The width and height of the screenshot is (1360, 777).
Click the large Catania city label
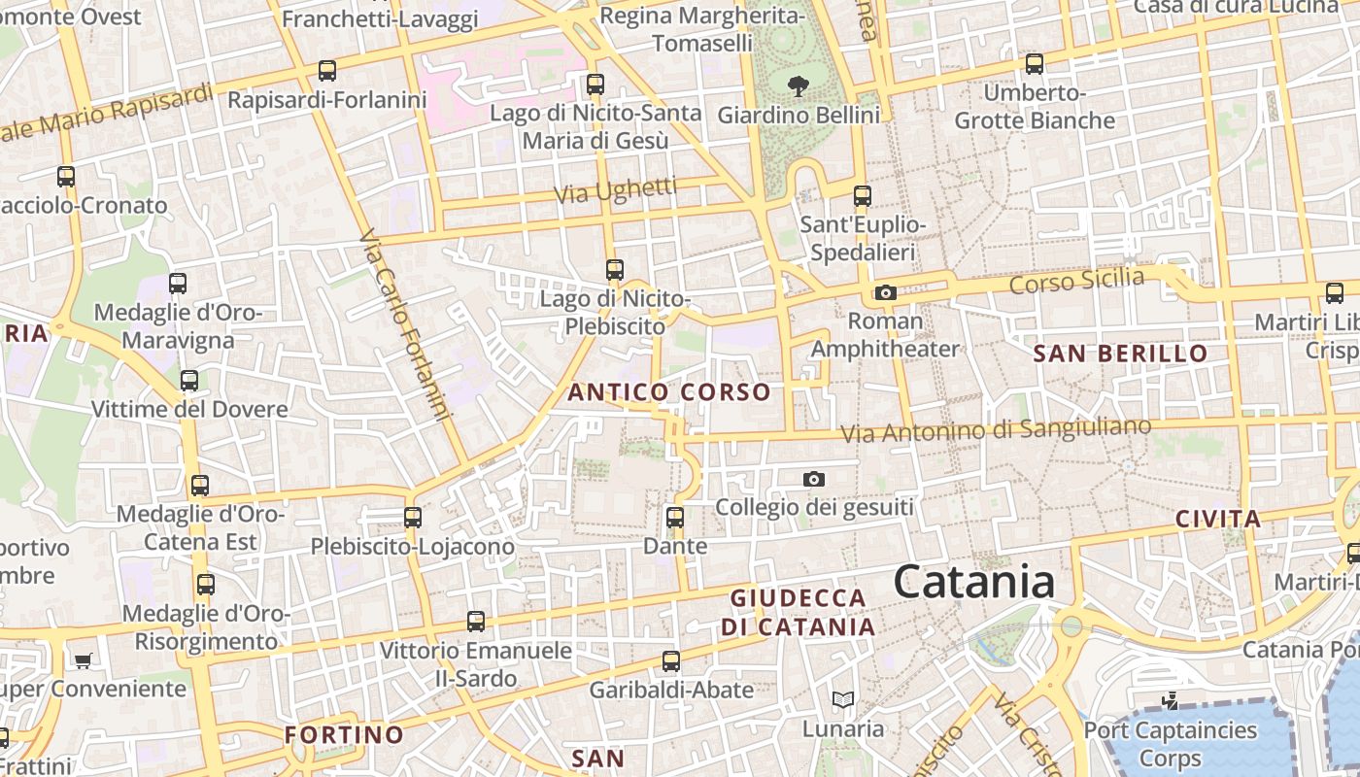click(x=973, y=582)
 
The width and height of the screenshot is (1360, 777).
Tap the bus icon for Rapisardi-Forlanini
click(x=327, y=71)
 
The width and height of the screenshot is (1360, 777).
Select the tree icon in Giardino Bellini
click(x=799, y=85)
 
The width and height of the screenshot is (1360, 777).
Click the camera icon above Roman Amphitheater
click(x=885, y=292)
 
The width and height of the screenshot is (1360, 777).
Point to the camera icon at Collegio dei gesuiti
click(x=814, y=479)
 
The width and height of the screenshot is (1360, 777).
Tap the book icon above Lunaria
click(x=842, y=699)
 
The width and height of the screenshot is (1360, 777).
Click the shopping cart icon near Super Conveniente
click(x=84, y=660)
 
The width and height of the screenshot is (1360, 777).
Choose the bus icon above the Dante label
click(x=675, y=518)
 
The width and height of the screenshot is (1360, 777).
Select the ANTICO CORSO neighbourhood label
click(x=669, y=392)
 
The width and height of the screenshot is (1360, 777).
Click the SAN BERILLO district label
click(x=1120, y=354)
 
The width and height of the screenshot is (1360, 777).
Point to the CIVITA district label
click(x=1218, y=519)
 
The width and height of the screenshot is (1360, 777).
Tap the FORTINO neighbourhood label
click(x=344, y=734)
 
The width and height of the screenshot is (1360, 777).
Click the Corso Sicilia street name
click(x=1076, y=282)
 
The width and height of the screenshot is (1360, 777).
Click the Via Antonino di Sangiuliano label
click(x=996, y=429)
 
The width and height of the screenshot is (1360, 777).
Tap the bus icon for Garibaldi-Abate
click(x=670, y=662)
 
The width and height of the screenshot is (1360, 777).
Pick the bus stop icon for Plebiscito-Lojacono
click(x=413, y=518)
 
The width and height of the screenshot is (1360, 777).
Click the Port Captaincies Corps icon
click(x=1171, y=700)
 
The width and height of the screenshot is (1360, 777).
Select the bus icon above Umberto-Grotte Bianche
click(x=1035, y=64)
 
